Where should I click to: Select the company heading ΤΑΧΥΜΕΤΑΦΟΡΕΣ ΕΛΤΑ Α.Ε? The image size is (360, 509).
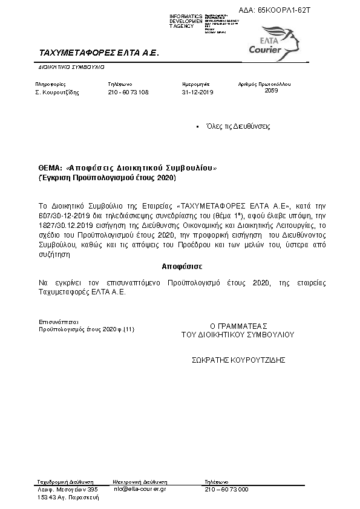point(98,53)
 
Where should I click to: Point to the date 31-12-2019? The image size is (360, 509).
point(197,92)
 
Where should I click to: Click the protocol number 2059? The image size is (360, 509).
point(272,90)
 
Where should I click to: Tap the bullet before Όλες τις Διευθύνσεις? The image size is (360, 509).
point(198,127)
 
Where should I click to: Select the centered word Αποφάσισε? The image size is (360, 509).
point(182,266)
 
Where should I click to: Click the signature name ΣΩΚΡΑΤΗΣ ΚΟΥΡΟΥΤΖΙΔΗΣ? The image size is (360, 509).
point(238,359)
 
